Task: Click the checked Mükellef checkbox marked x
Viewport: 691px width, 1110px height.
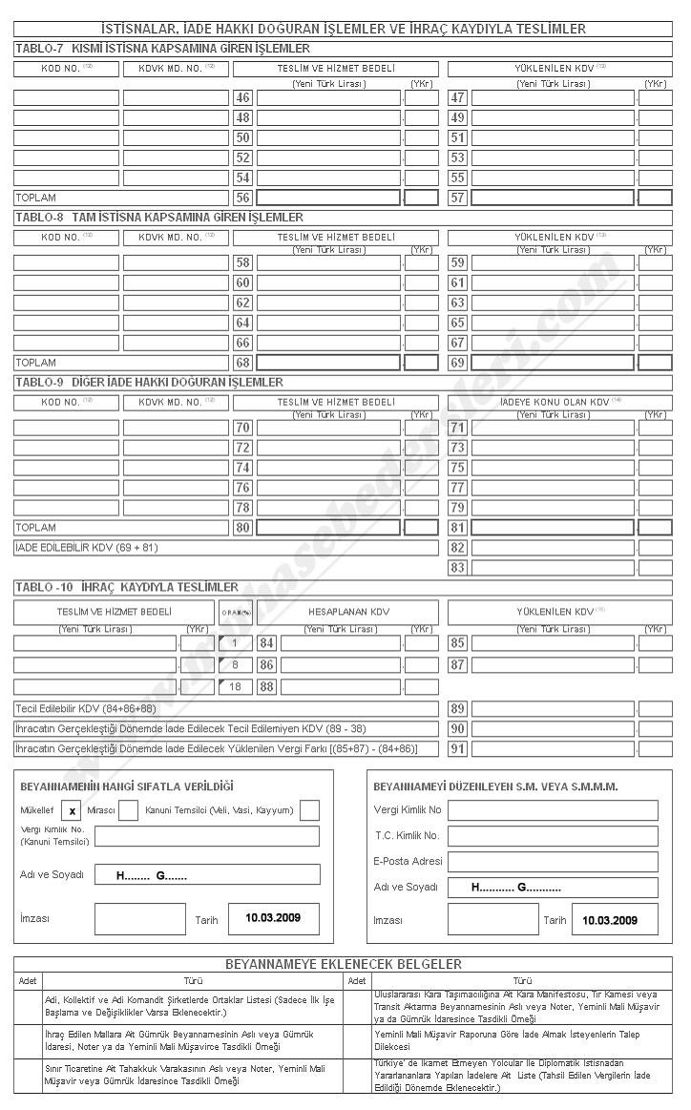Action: [72, 810]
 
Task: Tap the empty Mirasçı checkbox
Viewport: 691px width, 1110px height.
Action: [128, 810]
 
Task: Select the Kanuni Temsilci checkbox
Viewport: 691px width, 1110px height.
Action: [309, 810]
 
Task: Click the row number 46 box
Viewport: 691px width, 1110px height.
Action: [242, 97]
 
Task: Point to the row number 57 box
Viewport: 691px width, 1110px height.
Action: [457, 198]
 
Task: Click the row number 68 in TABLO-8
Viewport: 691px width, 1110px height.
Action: [242, 363]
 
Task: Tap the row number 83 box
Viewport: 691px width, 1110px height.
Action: [457, 568]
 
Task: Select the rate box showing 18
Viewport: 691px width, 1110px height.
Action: [234, 686]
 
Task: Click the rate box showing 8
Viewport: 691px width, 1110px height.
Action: [234, 664]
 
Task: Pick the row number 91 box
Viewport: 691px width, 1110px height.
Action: [457, 748]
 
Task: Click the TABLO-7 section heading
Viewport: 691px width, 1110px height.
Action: [162, 48]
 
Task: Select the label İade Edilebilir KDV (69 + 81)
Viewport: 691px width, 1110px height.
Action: [87, 547]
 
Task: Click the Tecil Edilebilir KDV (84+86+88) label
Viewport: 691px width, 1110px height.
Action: [86, 708]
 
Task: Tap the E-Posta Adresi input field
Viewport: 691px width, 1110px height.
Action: [553, 861]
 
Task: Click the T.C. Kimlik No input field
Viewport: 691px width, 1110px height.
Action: [553, 835]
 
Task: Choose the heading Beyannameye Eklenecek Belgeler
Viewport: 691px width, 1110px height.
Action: [343, 964]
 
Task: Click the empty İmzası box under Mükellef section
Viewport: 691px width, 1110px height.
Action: [139, 919]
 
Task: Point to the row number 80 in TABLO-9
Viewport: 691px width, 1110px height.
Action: [242, 527]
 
